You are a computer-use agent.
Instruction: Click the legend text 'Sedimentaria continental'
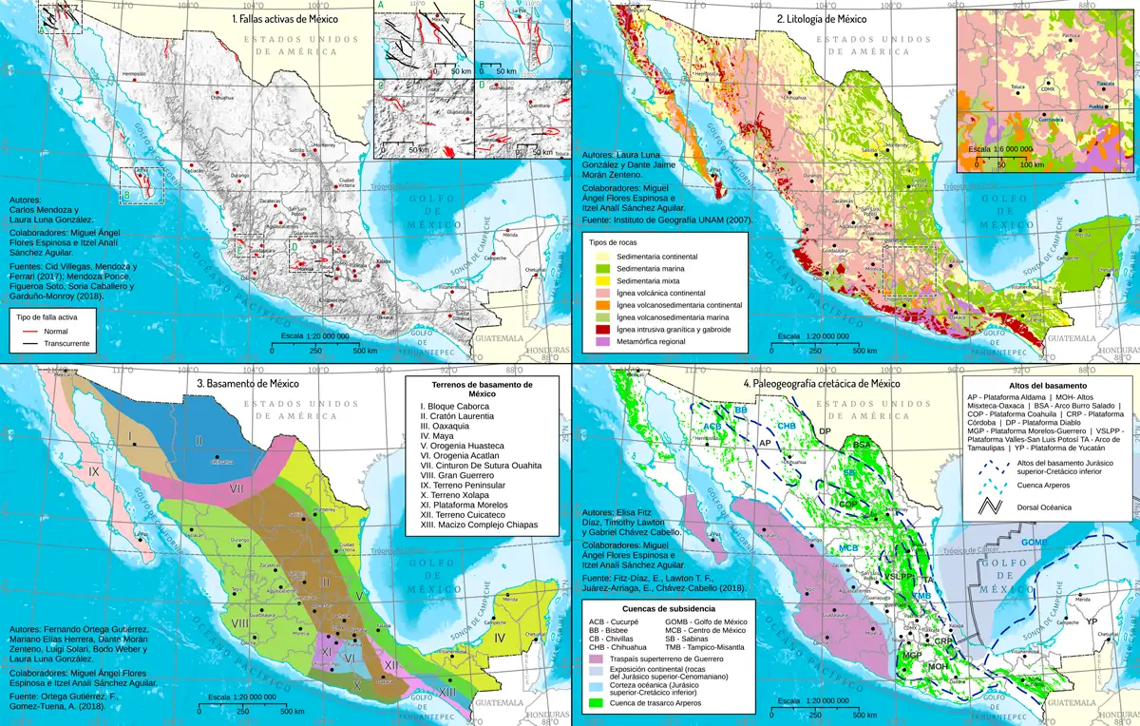click(657, 258)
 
